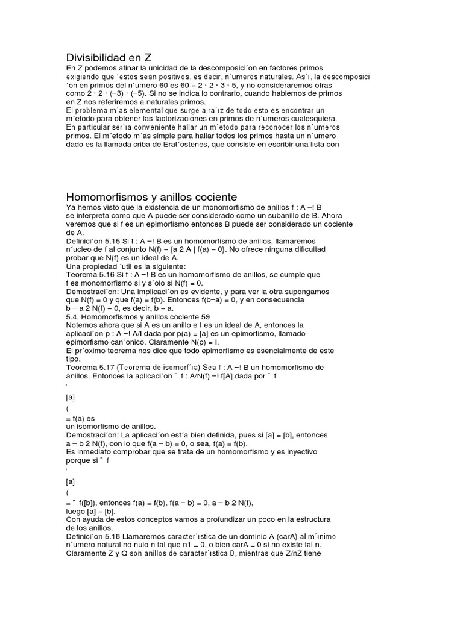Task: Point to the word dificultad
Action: [x=295, y=249]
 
